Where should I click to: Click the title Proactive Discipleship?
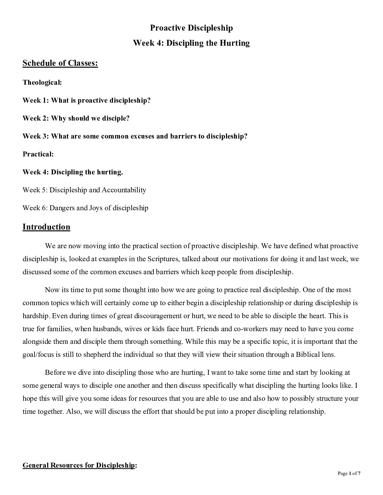coord(191,28)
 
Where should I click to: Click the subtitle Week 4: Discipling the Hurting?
coord(191,43)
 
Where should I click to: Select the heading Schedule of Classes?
coord(60,63)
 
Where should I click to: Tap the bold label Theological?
coord(42,83)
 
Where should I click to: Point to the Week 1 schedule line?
coord(87,101)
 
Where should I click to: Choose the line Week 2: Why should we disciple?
coord(76,118)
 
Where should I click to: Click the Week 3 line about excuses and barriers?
coord(135,136)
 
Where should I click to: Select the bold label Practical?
coord(38,154)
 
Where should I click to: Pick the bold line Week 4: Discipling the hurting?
coord(73,172)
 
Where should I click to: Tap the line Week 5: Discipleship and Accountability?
coord(84,190)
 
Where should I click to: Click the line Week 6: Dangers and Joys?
coord(85,208)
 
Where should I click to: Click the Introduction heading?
coord(46,227)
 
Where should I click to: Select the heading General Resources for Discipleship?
coord(79,465)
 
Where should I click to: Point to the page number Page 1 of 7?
coord(349,474)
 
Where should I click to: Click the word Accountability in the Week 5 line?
coord(124,190)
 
